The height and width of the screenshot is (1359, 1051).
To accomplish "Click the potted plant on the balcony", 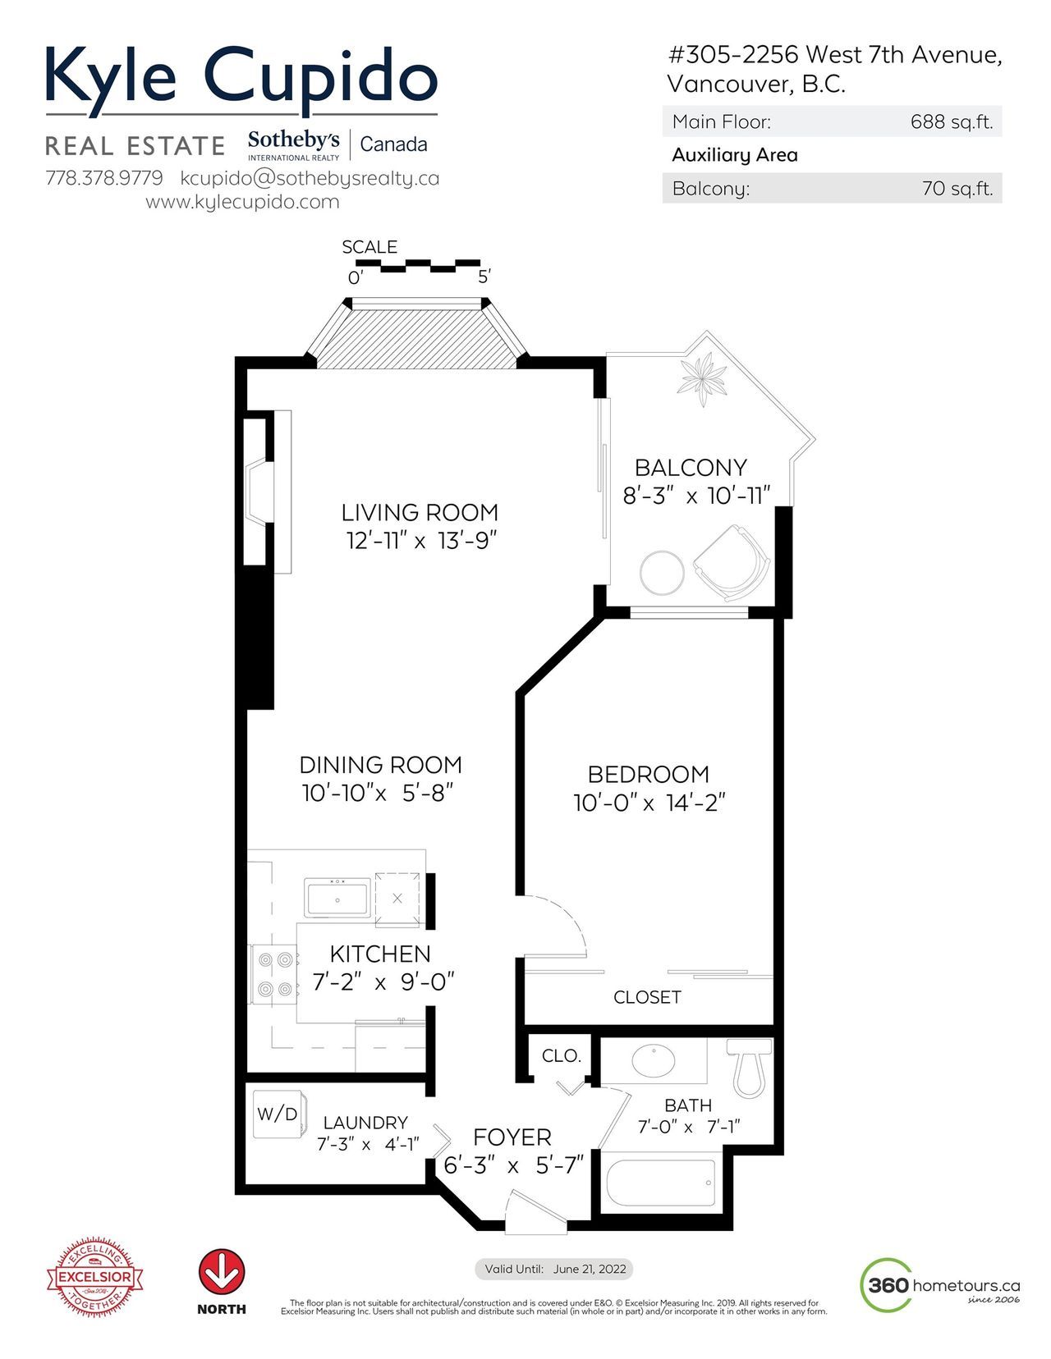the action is tap(703, 377).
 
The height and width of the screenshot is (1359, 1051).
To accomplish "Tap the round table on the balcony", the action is tap(663, 573).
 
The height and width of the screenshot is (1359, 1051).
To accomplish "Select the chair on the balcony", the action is tap(732, 563).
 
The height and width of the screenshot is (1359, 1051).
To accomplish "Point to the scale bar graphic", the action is tap(414, 267).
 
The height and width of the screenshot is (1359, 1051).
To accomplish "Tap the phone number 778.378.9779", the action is tap(103, 178).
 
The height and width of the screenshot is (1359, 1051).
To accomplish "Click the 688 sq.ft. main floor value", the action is tap(952, 121).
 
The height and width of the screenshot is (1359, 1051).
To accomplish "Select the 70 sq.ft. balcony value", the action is tap(957, 188).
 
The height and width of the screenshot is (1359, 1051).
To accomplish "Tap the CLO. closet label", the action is tap(561, 1056).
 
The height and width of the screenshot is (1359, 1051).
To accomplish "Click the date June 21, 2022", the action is tap(590, 1269).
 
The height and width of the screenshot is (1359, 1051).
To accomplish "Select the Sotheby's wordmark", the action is tap(293, 140).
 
